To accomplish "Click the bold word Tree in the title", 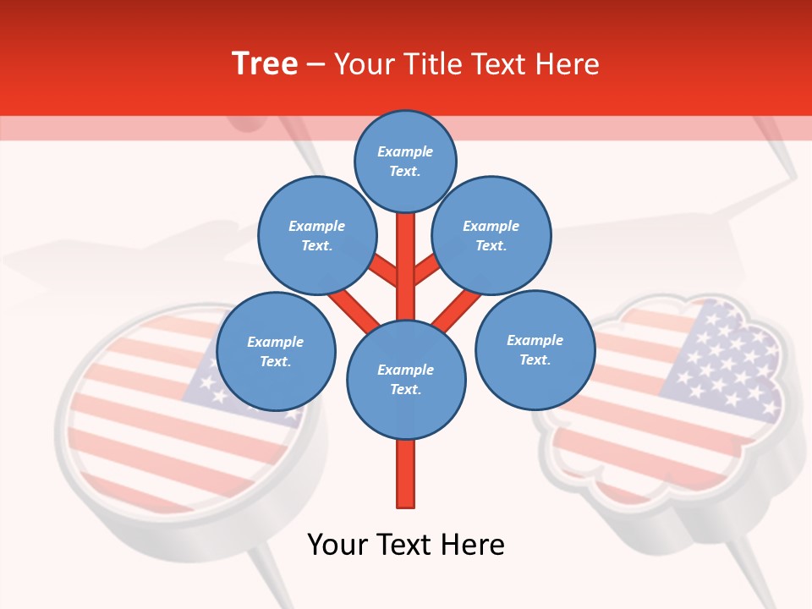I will (265, 63).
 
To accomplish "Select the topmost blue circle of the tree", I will (405, 161).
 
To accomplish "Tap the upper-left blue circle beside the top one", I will (317, 236).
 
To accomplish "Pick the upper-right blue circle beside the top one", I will (491, 236).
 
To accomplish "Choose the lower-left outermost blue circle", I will (276, 352).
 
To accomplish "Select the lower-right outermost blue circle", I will (535, 350).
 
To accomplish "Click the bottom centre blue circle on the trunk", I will (406, 380).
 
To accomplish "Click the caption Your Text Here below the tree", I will (406, 545).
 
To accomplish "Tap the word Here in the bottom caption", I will (469, 545).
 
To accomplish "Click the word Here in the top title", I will (566, 63).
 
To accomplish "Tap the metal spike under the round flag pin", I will (271, 575).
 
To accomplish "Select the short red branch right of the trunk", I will (425, 271).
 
